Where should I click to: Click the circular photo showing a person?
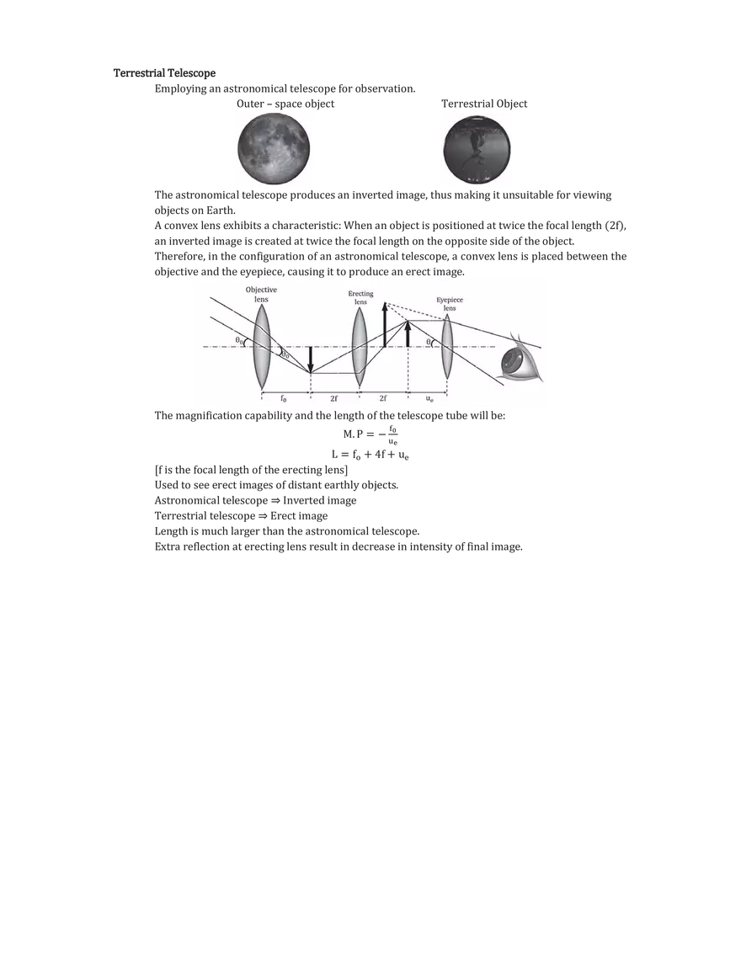[x=478, y=151]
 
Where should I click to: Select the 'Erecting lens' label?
[x=360, y=298]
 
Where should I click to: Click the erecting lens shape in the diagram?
[x=360, y=346]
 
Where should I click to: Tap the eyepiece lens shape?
[x=447, y=346]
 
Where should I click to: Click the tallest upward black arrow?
[x=384, y=324]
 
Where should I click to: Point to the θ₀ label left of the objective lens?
[x=240, y=340]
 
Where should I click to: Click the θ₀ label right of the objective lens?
[x=285, y=354]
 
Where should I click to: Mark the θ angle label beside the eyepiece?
[x=429, y=342]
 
